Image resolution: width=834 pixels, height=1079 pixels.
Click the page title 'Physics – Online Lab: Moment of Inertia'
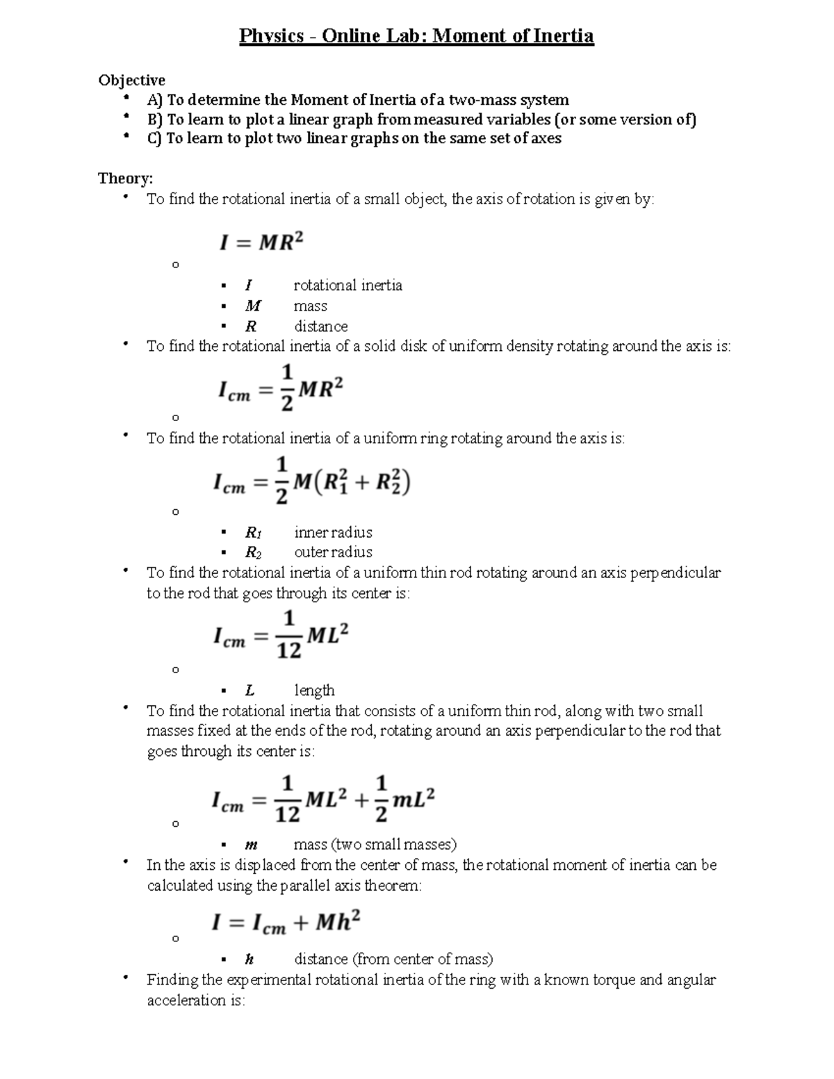416,36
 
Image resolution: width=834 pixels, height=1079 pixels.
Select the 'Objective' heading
131,80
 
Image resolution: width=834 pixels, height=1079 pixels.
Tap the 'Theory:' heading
125,179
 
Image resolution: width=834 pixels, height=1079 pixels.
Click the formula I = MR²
262,242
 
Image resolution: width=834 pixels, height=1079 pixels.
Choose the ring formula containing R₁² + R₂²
311,481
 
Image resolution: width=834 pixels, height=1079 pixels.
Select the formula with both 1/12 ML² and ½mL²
323,800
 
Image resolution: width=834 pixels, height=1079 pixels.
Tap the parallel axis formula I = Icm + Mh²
286,923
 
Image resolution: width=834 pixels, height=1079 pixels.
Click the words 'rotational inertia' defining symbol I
347,286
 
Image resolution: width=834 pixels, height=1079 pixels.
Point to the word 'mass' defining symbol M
310,306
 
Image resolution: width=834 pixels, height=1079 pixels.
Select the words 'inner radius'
333,533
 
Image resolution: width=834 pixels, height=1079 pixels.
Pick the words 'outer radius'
333,552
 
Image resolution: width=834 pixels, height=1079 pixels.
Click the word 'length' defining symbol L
314,691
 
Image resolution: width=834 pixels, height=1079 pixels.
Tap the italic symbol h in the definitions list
249,959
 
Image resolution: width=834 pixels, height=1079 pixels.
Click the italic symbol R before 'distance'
250,327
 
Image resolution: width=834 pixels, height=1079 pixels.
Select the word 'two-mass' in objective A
485,100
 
